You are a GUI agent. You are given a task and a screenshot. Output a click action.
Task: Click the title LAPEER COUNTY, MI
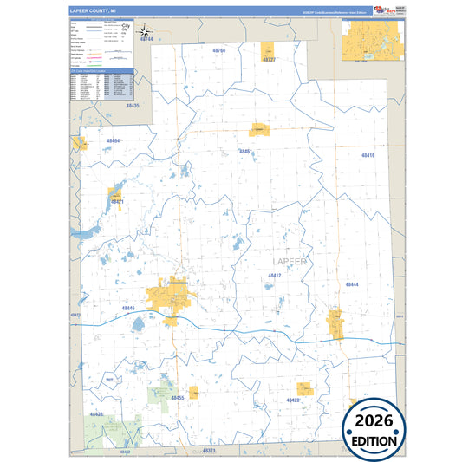87,11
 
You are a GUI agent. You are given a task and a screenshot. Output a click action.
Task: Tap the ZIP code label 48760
218,51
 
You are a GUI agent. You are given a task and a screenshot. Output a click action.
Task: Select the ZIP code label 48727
269,60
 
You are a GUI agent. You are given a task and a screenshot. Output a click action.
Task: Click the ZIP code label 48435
132,105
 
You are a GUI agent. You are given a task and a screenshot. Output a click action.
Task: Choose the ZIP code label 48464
114,140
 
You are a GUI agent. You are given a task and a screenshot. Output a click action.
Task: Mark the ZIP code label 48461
246,152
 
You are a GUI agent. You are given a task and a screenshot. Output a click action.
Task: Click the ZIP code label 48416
368,154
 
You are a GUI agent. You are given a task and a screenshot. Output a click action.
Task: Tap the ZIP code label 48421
117,202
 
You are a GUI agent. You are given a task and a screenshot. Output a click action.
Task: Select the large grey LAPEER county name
290,261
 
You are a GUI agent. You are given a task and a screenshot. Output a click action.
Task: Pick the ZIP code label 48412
275,275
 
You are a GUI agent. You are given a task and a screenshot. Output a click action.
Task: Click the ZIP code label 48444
352,284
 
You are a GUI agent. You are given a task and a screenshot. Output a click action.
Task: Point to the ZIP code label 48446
128,308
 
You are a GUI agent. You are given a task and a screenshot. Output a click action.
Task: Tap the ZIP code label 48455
179,397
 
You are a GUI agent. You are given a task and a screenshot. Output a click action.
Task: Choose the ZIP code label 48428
292,400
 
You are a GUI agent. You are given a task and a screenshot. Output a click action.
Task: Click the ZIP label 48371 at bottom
209,451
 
